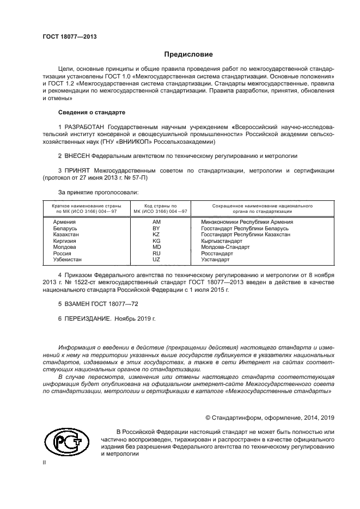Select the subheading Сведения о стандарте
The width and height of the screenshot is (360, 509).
click(x=91, y=112)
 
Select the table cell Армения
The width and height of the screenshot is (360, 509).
click(x=64, y=222)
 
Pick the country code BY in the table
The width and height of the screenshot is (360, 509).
click(x=157, y=229)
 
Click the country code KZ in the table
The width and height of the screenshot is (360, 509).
click(x=157, y=235)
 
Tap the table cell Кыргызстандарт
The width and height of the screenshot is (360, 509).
click(x=224, y=241)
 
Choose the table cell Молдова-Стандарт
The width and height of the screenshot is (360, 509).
click(x=225, y=247)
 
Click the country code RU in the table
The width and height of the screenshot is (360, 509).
click(x=157, y=254)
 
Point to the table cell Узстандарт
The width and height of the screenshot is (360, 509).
click(x=215, y=260)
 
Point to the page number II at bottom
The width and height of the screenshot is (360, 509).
click(x=45, y=463)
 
